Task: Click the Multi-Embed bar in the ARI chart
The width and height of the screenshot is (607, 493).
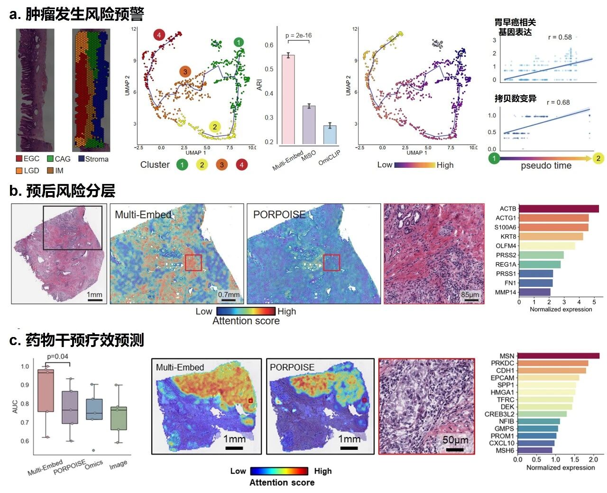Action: tap(288, 100)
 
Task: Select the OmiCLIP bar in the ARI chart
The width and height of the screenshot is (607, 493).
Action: tap(330, 135)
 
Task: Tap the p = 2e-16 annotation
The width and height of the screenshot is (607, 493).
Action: tap(299, 36)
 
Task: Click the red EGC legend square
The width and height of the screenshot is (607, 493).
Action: tap(19, 159)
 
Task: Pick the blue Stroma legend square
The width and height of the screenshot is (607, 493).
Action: tap(81, 159)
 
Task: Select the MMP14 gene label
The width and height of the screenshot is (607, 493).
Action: tap(506, 292)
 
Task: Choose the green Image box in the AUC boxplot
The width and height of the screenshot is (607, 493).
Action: tap(119, 418)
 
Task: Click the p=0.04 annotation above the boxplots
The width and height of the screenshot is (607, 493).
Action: tap(57, 356)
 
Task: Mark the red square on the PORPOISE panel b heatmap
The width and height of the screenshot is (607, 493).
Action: tap(331, 263)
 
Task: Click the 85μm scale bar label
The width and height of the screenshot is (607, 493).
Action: tap(470, 294)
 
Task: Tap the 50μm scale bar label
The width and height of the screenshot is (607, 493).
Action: tap(455, 440)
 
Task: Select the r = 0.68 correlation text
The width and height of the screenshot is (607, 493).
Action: tap(558, 102)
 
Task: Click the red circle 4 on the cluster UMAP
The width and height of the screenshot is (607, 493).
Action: tap(159, 35)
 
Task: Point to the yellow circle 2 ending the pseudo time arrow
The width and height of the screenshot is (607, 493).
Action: tap(598, 158)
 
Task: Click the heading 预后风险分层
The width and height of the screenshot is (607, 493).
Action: tap(70, 191)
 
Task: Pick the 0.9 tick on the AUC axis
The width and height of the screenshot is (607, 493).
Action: tap(25, 385)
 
